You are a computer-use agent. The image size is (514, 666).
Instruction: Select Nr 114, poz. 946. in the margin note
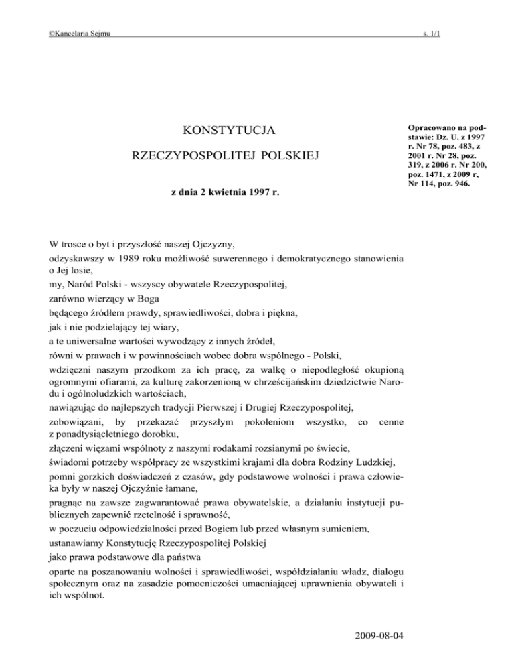(440, 184)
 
